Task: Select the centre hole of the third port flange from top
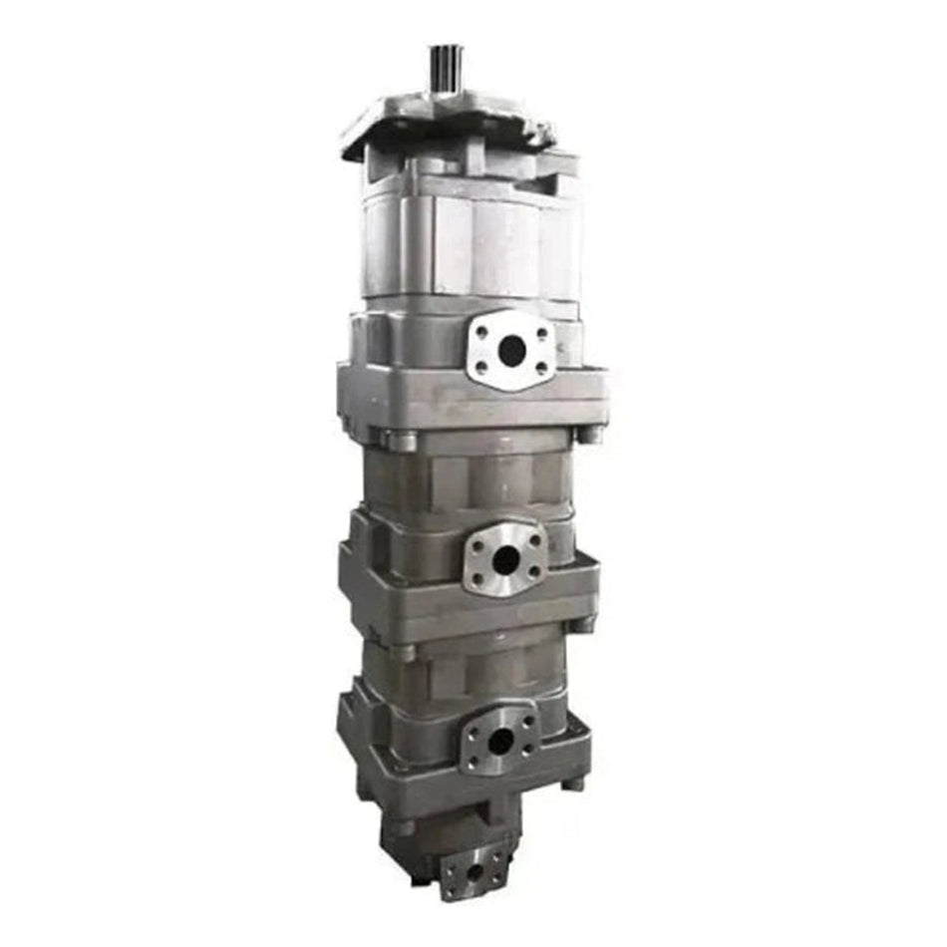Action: click(500, 740)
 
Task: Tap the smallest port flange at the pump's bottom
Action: click(475, 871)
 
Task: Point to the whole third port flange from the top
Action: click(500, 739)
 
